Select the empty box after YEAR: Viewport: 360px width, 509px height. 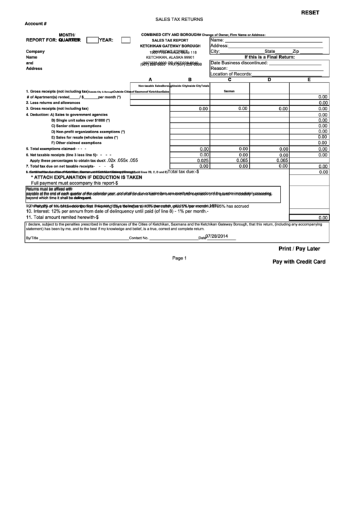[x=126, y=40]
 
